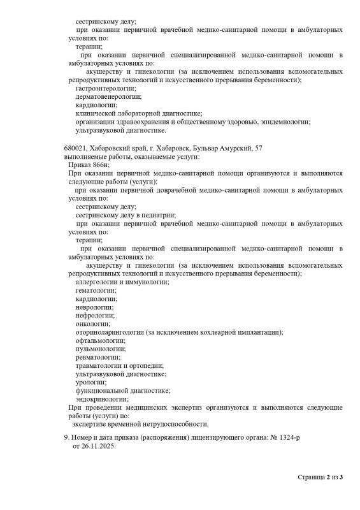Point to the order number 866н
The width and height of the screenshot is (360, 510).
click(99, 164)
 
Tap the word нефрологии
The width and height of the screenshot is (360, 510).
click(95, 315)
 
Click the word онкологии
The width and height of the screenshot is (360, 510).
click(92, 323)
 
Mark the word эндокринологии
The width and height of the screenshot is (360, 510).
click(101, 399)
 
